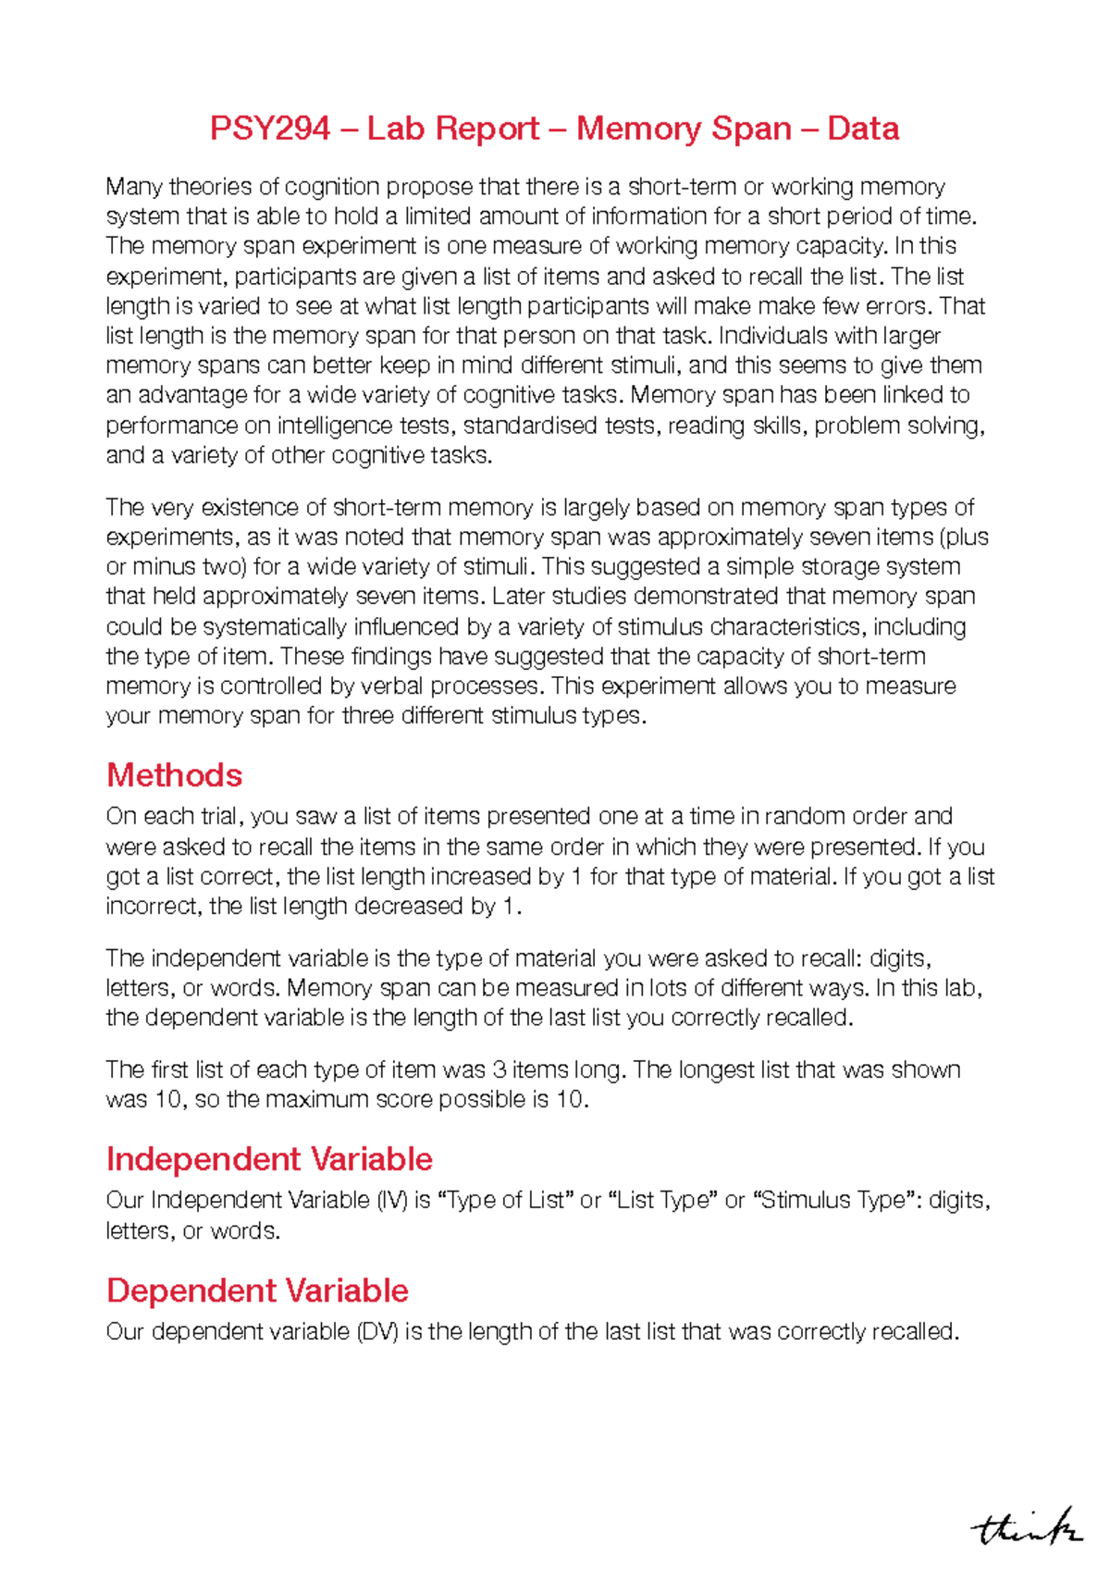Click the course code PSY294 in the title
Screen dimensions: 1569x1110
[x=269, y=129]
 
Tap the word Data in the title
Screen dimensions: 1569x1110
[x=863, y=129]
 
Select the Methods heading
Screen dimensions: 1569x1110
[x=174, y=775]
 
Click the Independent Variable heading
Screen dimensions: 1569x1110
[x=269, y=1159]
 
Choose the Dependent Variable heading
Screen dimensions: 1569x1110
[x=257, y=1291]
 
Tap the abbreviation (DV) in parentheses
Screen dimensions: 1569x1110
[x=376, y=1332]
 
